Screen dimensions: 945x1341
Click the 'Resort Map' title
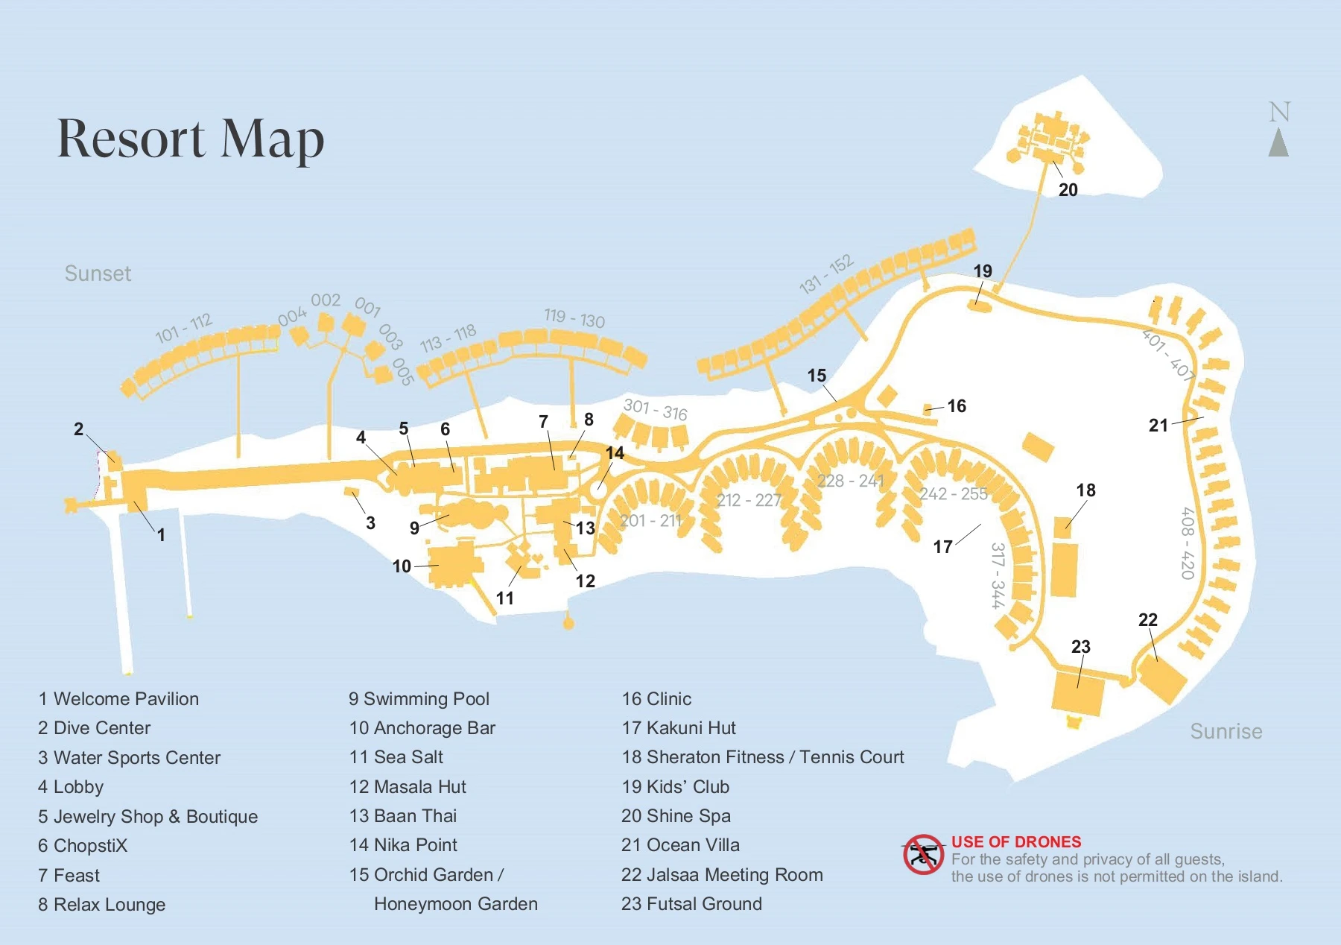pos(191,139)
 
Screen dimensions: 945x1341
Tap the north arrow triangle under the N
pos(1278,143)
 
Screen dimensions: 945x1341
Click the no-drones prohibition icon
pos(923,855)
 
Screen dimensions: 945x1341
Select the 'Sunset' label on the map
pos(98,274)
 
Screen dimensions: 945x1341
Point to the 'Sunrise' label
pos(1226,731)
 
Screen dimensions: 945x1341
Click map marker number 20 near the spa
pos(1068,190)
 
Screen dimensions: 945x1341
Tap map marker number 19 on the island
pos(983,271)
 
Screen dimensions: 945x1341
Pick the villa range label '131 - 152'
pos(825,274)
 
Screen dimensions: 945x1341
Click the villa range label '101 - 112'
pos(183,328)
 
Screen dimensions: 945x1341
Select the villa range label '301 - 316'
pos(655,409)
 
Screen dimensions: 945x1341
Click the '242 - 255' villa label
pos(953,494)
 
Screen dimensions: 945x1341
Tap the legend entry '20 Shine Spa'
pos(676,816)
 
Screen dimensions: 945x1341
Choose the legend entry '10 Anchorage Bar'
pos(422,728)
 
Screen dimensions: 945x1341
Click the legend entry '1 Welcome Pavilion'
pos(118,699)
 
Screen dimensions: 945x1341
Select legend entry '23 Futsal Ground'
pos(691,904)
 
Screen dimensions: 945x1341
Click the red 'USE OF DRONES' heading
pos(1015,842)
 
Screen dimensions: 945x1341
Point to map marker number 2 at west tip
pos(78,429)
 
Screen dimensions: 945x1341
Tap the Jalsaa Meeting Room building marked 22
pos(1162,679)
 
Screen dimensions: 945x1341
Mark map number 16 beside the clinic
pos(956,406)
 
